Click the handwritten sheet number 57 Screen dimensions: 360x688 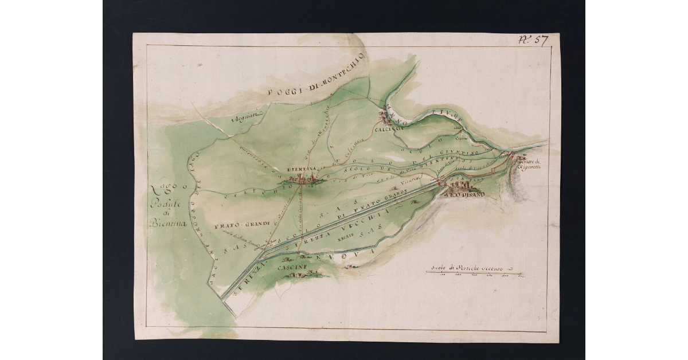tap(533, 40)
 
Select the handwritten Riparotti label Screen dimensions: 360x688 tap(530, 168)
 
